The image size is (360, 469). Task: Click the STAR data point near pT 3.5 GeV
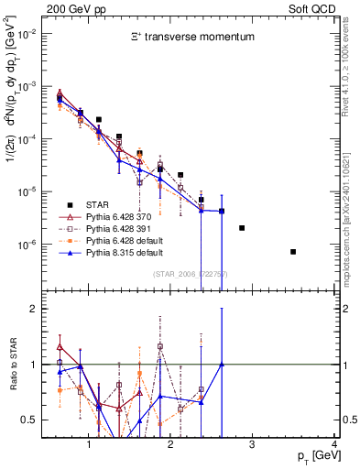point(293,252)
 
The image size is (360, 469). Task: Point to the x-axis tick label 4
point(334,445)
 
